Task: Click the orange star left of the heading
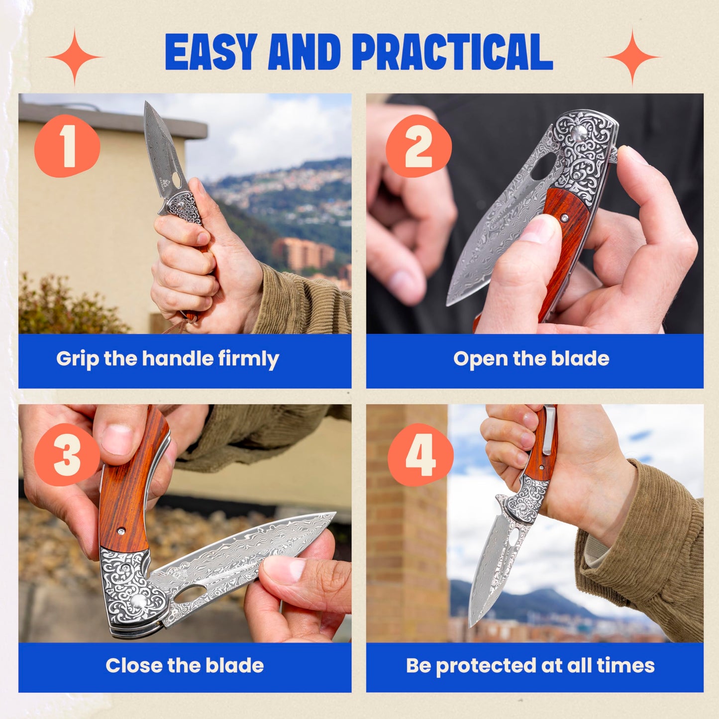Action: point(75,57)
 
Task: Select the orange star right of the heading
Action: point(632,57)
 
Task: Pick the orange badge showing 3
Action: point(67,454)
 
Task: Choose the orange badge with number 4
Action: point(420,455)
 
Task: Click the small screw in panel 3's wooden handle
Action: point(121,531)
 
